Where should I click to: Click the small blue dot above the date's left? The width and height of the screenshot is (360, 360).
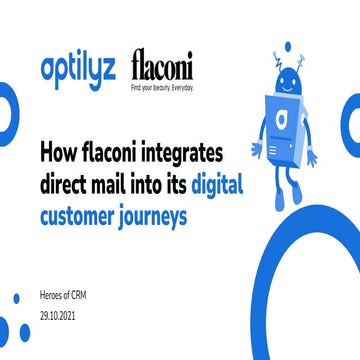pos(16,297)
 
